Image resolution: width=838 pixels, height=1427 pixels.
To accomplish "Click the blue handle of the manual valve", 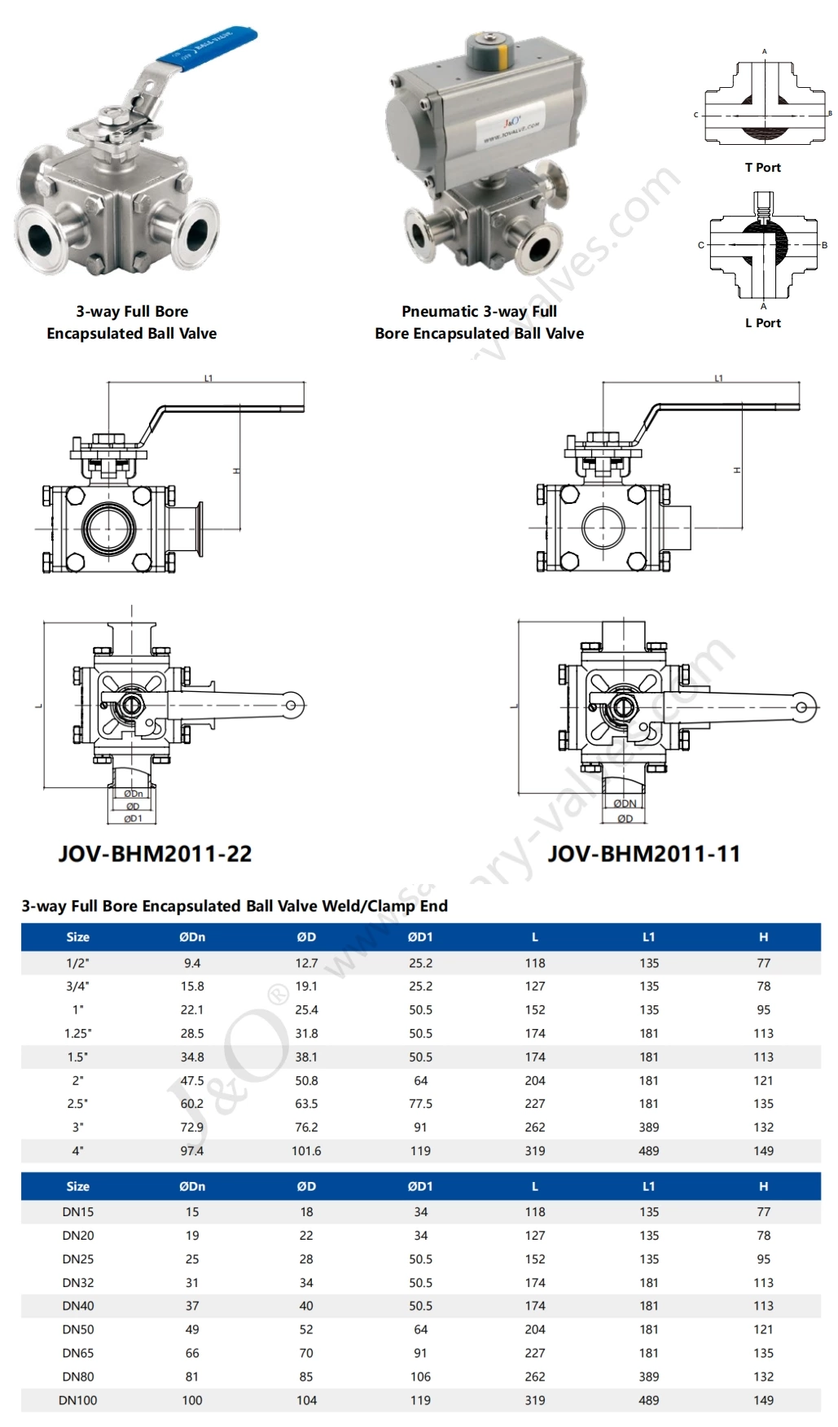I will pyautogui.click(x=208, y=47).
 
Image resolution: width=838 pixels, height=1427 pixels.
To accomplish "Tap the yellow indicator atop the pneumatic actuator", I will pyautogui.click(x=502, y=55).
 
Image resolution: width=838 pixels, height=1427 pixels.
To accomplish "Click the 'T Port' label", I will pyautogui.click(x=762, y=168).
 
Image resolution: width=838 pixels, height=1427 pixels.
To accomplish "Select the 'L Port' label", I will pyautogui.click(x=762, y=323).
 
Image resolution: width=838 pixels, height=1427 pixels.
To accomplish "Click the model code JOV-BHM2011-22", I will pyautogui.click(x=155, y=854).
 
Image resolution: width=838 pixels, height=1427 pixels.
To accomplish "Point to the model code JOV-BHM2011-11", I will pyautogui.click(x=643, y=854).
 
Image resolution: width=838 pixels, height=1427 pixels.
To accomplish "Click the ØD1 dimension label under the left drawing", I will pyautogui.click(x=133, y=818).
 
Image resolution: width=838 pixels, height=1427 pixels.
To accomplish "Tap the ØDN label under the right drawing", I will pyautogui.click(x=625, y=803).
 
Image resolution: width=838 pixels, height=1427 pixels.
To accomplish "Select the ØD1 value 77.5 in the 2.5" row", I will pyautogui.click(x=420, y=1104).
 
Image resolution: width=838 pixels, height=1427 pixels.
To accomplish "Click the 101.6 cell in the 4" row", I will pyautogui.click(x=306, y=1151).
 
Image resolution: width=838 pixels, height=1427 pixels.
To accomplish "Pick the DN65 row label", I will pyautogui.click(x=78, y=1353).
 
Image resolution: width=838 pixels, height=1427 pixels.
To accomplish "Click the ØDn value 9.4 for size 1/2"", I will pyautogui.click(x=192, y=963).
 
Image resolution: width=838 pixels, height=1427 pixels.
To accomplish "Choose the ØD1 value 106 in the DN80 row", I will pyautogui.click(x=420, y=1377).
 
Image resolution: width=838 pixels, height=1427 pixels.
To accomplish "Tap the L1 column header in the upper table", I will pyautogui.click(x=649, y=937).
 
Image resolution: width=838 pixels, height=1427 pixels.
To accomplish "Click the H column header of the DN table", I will pyautogui.click(x=763, y=1187).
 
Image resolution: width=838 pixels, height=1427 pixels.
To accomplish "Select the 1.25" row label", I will pyautogui.click(x=78, y=1034).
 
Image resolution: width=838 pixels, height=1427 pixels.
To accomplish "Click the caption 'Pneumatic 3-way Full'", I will pyautogui.click(x=479, y=312).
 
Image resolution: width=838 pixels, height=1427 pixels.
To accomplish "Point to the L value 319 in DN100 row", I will pyautogui.click(x=535, y=1400).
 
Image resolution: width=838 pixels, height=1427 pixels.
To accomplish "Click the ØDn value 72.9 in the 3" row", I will pyautogui.click(x=192, y=1127).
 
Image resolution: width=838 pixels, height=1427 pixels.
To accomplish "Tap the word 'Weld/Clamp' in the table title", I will pyautogui.click(x=370, y=906).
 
